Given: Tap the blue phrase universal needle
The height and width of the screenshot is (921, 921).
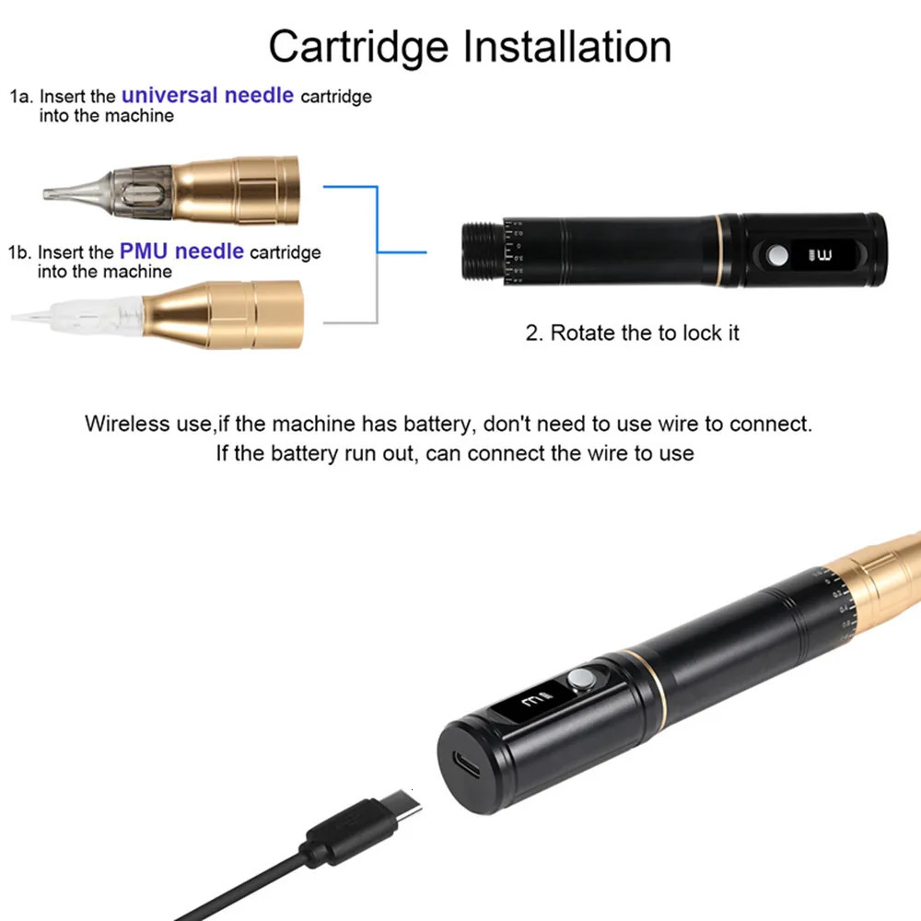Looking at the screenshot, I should coord(207,95).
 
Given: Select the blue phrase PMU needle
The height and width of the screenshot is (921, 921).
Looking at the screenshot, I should coord(181,251).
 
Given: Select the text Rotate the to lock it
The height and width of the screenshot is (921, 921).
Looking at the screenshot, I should coord(632,332).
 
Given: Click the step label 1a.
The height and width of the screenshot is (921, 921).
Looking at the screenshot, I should coord(21,96).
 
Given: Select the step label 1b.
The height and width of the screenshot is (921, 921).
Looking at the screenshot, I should coord(21,251).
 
